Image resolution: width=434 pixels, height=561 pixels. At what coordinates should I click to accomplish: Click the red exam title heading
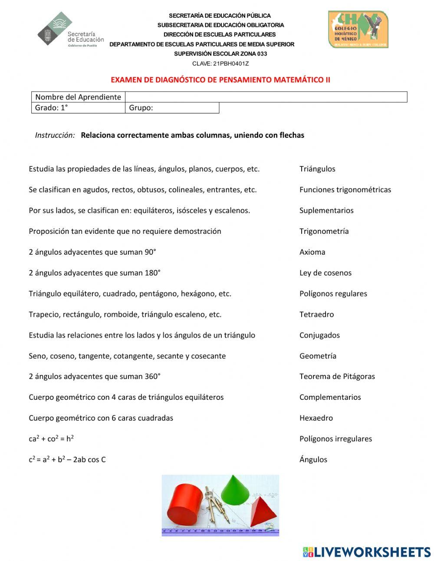point(220,80)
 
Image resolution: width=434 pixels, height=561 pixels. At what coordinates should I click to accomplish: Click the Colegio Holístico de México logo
point(358,30)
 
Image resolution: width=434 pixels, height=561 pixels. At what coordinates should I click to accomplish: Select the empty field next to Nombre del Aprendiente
point(266,97)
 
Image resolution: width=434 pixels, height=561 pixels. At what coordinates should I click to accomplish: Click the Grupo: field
point(172,108)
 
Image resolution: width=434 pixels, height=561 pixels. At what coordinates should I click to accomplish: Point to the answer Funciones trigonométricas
point(345,189)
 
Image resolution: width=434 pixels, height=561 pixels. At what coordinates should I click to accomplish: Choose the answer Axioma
point(312,252)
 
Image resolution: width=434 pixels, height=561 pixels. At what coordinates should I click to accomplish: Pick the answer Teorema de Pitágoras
point(337,376)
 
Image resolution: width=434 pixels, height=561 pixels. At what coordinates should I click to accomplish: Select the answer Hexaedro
point(316,418)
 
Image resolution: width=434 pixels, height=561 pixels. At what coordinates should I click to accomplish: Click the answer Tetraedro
point(316,314)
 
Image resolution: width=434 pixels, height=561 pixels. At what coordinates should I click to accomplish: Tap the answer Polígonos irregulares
point(335,439)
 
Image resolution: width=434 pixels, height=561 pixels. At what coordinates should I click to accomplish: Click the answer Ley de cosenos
point(325,273)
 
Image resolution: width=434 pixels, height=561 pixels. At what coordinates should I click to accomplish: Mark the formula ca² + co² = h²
point(51,439)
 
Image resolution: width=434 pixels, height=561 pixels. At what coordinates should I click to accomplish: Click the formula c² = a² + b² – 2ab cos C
point(67,459)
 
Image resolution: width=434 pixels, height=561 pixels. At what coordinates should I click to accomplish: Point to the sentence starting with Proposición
point(125,231)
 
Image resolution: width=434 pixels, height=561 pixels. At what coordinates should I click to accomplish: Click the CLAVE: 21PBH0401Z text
point(220,63)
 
